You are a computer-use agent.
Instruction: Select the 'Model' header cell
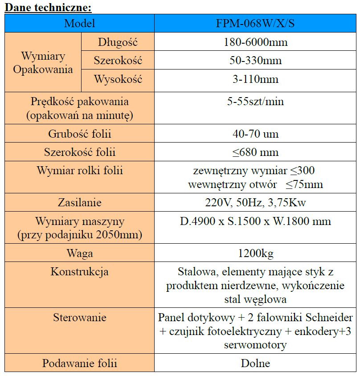coord(79,24)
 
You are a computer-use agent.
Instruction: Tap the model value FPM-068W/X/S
coord(255,24)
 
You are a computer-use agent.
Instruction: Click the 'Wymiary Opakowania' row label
coord(43,63)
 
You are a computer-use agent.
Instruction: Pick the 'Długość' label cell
coord(118,43)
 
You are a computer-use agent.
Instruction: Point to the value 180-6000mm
coord(255,43)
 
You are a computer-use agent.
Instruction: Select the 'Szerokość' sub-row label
coord(118,61)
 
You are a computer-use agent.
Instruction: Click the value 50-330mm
coord(255,61)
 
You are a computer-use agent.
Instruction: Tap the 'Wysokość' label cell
coord(118,80)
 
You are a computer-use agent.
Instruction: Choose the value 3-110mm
coord(255,80)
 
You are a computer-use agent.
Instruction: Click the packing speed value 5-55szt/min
coord(255,102)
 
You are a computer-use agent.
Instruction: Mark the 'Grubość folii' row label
coord(79,134)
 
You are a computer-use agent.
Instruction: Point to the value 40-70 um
coord(255,134)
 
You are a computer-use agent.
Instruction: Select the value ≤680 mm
coord(255,152)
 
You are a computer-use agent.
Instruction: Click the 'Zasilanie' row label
coord(79,203)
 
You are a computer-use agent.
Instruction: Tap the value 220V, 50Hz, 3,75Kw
coord(255,203)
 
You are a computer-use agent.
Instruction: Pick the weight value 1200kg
coord(255,253)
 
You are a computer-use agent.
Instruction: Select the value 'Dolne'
coord(255,363)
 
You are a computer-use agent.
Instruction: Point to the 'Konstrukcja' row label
coord(79,272)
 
